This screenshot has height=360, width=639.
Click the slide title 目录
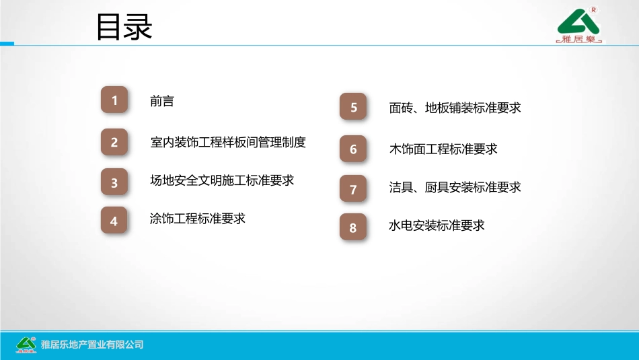coord(124,28)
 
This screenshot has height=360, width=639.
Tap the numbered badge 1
coord(114,100)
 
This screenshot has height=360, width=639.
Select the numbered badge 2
coord(114,142)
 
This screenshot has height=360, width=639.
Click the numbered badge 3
coord(114,182)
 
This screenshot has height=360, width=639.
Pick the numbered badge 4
coord(114,221)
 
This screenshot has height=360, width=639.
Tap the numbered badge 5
coord(354,107)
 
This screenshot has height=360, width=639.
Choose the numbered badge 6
coord(354,149)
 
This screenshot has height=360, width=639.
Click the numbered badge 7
coord(354,189)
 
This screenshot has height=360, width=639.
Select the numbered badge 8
coord(354,227)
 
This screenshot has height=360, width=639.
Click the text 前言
coord(161,101)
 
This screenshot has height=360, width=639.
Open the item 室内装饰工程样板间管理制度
coord(228,142)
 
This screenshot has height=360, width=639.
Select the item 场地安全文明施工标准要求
coord(222,180)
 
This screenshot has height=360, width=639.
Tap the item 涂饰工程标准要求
coord(197,219)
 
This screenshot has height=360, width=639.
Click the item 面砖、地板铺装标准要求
coord(455,108)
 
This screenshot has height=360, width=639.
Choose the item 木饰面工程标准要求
coord(443,149)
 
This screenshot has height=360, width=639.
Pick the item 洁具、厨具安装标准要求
coord(455,188)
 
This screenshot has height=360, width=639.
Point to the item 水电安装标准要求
coord(437,225)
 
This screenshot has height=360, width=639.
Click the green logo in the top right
coord(580,27)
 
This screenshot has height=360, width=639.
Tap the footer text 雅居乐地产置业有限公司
coord(92,345)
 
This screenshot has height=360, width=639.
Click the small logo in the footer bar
coord(26,344)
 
